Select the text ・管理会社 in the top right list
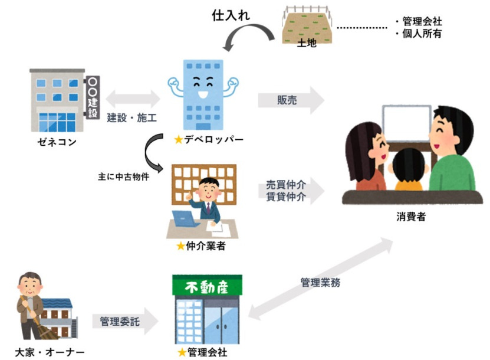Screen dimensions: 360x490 pyautogui.click(x=417, y=22)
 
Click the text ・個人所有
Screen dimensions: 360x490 pyautogui.click(x=417, y=34)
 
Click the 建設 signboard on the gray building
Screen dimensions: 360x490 pyautogui.click(x=93, y=97)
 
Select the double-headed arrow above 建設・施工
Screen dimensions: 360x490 pyautogui.click(x=133, y=96)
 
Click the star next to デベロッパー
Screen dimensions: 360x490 pyautogui.click(x=178, y=140)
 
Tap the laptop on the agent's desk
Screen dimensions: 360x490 pyautogui.click(x=184, y=220)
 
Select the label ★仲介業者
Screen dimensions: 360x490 pyautogui.click(x=201, y=246)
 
